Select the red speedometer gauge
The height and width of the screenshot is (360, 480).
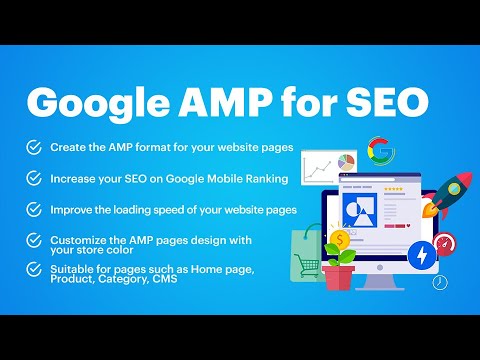coord(446,244)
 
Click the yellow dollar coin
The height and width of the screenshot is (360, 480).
coord(342,239)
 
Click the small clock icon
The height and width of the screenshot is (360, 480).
coord(441,283)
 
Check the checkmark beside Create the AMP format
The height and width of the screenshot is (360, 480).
coord(34,147)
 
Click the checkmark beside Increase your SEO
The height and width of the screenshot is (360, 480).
coord(34,177)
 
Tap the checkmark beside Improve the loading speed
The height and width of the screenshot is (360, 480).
coord(34,209)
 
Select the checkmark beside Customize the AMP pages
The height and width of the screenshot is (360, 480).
coord(34,240)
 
